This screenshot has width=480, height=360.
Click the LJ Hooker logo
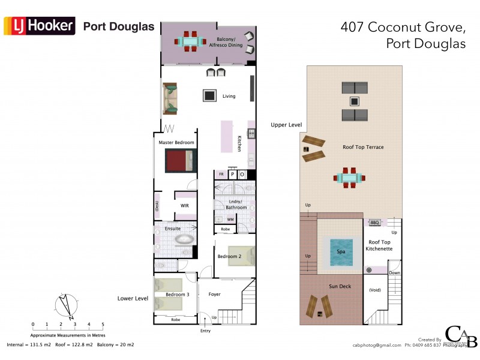point(40,26)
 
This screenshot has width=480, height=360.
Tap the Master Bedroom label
point(176,142)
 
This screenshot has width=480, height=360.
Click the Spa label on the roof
point(341,252)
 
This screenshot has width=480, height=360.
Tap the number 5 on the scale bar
point(103,325)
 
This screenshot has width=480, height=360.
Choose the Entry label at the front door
point(206,331)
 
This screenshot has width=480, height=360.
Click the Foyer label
point(214,295)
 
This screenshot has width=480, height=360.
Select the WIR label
point(185,206)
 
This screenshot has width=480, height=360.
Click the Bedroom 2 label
point(229,257)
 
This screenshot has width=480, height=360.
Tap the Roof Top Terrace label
point(363,147)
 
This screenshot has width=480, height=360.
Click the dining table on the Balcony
point(190,41)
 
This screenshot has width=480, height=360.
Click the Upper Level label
point(286,125)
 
